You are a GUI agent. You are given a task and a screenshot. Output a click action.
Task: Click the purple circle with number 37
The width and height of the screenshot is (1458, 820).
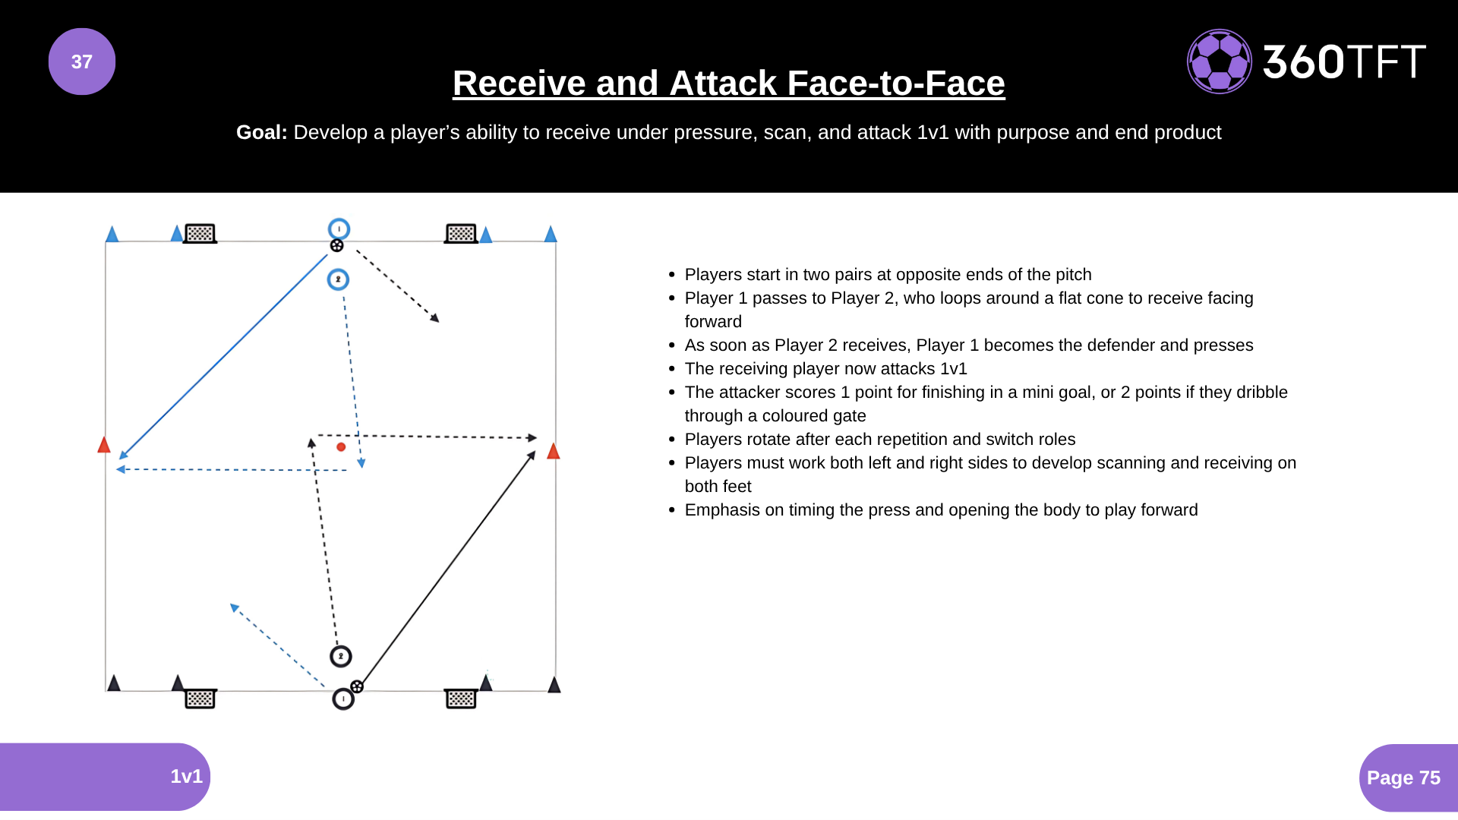(x=82, y=61)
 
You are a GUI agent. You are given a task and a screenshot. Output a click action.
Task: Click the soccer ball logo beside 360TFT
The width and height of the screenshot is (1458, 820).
(x=1220, y=61)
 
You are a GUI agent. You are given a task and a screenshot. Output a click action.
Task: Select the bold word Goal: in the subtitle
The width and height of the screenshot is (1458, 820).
(x=262, y=132)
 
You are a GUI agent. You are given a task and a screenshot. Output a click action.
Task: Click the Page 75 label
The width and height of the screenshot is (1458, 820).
(x=1403, y=777)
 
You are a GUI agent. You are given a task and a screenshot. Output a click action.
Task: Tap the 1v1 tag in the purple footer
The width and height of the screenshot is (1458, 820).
(x=186, y=776)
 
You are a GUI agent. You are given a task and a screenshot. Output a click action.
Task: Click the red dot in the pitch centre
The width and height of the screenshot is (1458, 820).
(x=341, y=447)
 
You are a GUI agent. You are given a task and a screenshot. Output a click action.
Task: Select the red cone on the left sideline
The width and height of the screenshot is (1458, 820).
(x=104, y=444)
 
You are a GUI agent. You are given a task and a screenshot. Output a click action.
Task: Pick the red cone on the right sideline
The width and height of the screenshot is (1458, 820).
(x=554, y=451)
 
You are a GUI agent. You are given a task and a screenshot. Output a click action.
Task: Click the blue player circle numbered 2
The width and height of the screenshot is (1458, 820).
(x=338, y=279)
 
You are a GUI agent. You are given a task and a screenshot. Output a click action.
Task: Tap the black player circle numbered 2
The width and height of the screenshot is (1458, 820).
(x=341, y=656)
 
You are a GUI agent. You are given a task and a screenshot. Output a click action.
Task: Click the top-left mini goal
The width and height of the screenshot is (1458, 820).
(x=200, y=233)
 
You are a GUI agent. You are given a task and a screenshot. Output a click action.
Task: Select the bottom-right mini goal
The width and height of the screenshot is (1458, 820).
(x=461, y=699)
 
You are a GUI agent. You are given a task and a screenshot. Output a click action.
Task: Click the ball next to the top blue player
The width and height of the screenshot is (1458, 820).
(x=337, y=245)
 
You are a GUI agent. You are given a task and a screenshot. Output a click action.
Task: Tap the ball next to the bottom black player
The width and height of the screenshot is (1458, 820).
(x=357, y=686)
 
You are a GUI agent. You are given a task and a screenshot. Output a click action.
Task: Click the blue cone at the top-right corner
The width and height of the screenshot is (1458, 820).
(x=551, y=234)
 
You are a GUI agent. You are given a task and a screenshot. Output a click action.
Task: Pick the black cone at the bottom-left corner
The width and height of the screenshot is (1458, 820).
(x=114, y=683)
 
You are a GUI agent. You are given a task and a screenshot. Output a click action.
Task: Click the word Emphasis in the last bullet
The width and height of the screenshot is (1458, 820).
(x=722, y=510)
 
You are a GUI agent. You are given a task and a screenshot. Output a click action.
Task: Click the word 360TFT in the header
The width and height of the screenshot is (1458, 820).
(x=1344, y=61)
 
